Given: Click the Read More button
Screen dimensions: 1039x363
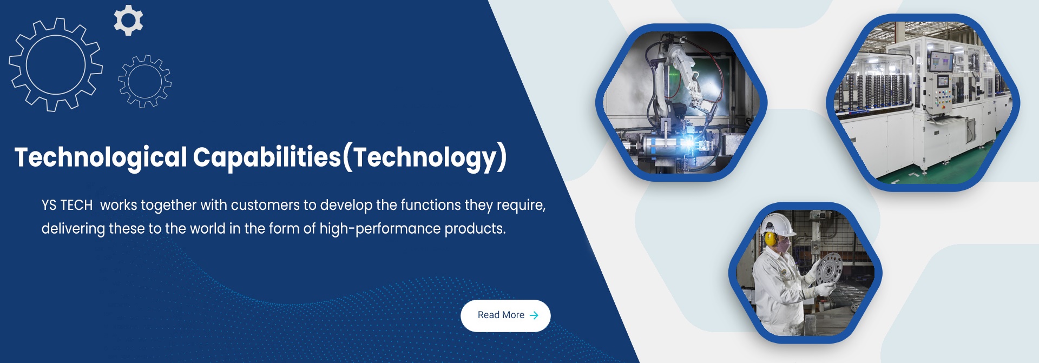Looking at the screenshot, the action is point(505,315).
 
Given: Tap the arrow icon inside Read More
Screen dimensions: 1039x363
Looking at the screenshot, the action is point(534,315).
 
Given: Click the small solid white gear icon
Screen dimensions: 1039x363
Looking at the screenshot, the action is point(128,20).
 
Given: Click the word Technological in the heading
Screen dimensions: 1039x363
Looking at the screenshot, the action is point(101,157).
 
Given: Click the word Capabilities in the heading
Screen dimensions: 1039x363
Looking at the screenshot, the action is point(267,157).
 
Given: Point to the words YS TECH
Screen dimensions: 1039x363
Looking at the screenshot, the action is point(67,206).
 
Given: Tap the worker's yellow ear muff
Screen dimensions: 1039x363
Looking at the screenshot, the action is point(770,239).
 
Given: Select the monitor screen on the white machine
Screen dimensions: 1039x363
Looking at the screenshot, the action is point(941,61).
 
